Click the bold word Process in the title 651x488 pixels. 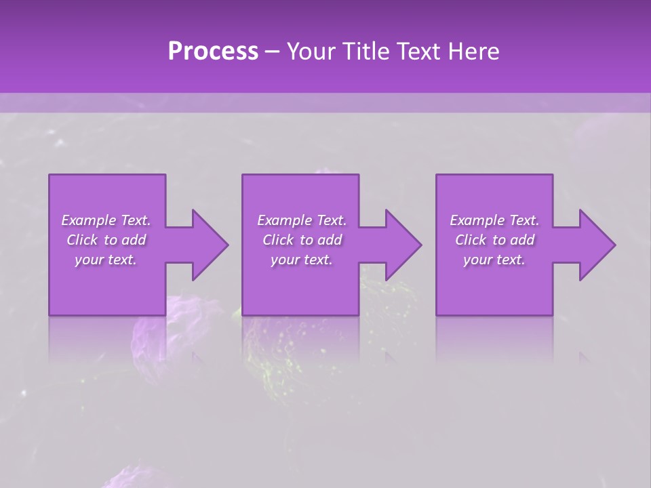coord(213,52)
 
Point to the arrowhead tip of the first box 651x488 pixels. coord(227,245)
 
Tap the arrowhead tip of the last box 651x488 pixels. coord(614,245)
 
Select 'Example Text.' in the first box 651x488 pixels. coord(106,220)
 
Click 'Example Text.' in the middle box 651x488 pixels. coord(302,220)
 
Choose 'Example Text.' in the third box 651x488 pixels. coord(494,220)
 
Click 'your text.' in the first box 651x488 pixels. coord(106,260)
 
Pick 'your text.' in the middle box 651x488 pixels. coord(302,260)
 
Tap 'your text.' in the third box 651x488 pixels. coord(494,260)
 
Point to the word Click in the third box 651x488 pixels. coord(471,240)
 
